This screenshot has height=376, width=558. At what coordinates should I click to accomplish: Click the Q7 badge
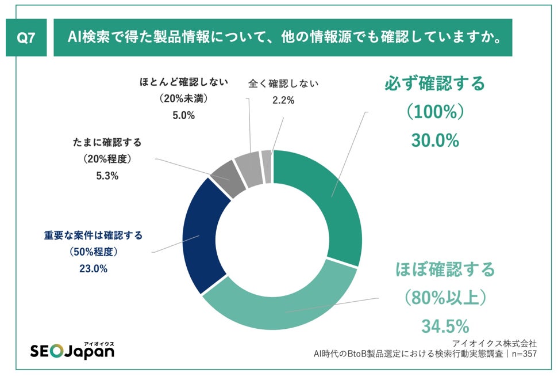coord(26,38)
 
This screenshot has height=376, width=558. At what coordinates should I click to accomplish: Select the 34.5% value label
coord(445,326)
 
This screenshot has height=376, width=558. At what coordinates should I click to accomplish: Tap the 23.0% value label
coord(93,269)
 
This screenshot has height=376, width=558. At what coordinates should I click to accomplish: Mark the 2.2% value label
coord(283,100)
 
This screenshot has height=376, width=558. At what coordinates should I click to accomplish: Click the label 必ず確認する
coord(434,83)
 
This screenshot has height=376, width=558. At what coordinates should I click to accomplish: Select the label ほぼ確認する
coord(445,269)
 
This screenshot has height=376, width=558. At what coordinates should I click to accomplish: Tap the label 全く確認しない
coord(283,83)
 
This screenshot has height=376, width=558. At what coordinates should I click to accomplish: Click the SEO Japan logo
coord(72,350)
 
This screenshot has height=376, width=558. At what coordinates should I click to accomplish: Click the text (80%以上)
coord(445,298)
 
